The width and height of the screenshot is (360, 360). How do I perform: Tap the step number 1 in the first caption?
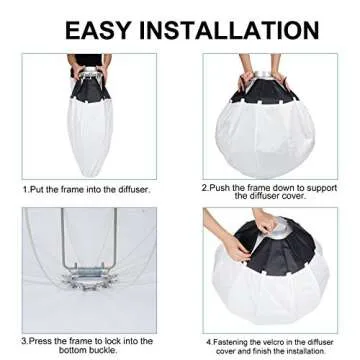click(x=25, y=188)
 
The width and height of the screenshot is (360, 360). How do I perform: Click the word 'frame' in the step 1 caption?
click(x=71, y=188)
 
